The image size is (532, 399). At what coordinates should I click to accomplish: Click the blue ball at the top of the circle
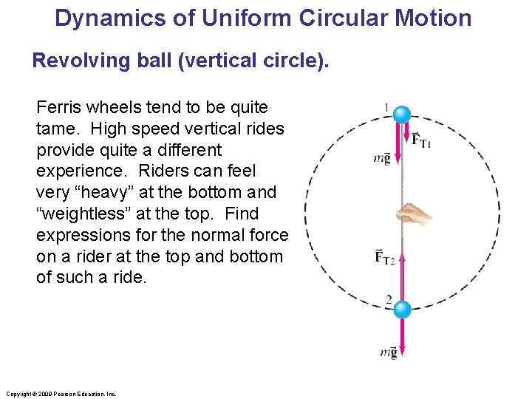[x=401, y=115]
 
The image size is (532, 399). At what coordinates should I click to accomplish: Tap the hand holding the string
[x=414, y=214]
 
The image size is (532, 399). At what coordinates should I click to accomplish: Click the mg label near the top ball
[x=382, y=159]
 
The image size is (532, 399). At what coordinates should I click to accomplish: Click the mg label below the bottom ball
[x=389, y=352]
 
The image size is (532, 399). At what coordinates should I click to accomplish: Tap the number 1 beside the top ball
[x=386, y=108]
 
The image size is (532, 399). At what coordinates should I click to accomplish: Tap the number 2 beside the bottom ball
[x=388, y=299]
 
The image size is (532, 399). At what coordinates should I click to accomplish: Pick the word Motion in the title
[x=436, y=18]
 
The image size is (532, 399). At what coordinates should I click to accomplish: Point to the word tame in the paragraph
[x=58, y=129]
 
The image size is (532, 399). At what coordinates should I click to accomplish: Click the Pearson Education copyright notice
[x=60, y=394]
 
